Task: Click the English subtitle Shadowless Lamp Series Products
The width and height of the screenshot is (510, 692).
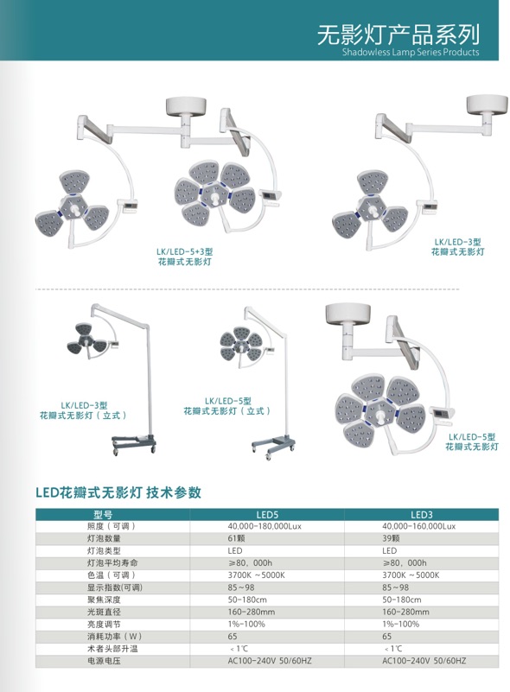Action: [x=411, y=52]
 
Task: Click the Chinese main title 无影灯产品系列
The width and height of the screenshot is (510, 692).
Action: [x=398, y=35]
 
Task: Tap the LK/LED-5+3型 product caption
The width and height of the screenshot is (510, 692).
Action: [x=185, y=257]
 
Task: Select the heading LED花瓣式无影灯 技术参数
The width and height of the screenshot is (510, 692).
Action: [x=118, y=492]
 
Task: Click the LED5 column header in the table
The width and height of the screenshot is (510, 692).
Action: [x=267, y=515]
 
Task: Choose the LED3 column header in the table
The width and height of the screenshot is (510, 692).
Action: [x=421, y=515]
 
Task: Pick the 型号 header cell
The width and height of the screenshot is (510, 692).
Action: [x=103, y=515]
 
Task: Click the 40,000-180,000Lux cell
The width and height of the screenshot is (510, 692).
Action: [x=265, y=526]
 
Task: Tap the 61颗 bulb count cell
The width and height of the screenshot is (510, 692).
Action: [x=236, y=538]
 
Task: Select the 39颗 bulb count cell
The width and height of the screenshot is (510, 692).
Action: [x=391, y=538]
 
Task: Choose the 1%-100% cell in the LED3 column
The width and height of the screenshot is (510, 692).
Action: [x=401, y=624]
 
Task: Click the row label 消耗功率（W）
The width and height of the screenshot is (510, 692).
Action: [x=114, y=637]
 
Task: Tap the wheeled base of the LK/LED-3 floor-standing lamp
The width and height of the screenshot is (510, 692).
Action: [x=134, y=444]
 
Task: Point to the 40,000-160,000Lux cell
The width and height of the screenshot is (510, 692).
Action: [x=418, y=526]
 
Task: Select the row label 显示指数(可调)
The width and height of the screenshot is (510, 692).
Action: [x=115, y=587]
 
